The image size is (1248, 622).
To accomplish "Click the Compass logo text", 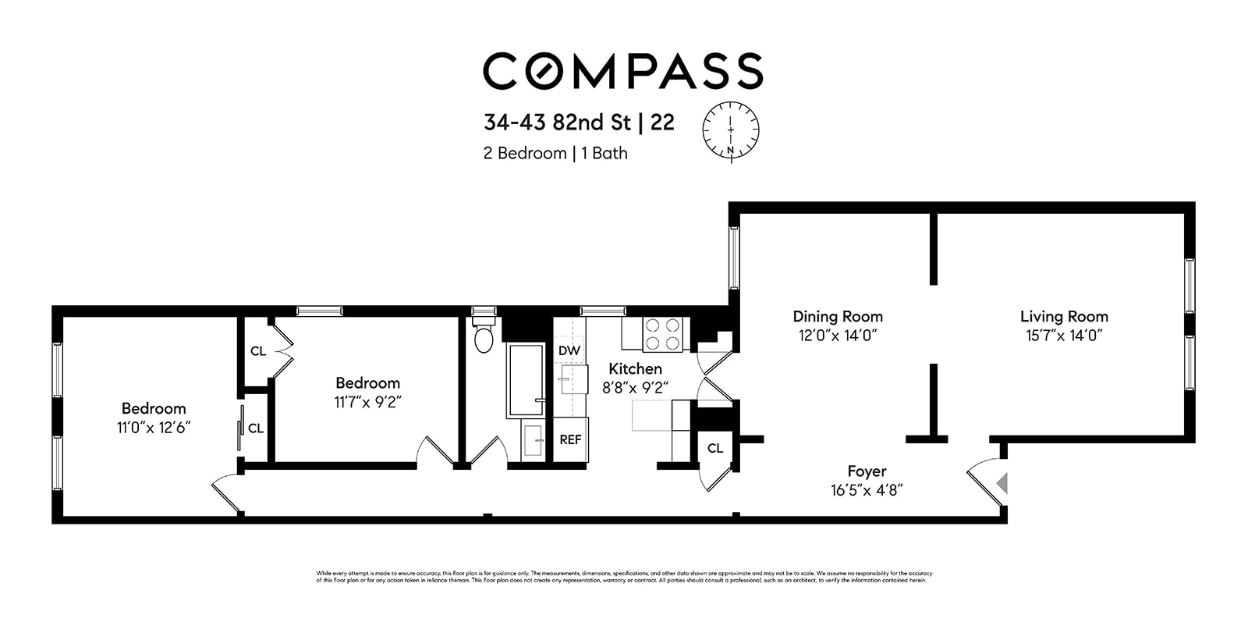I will pos(622,70).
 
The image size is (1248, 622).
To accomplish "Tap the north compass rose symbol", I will pos(731,130).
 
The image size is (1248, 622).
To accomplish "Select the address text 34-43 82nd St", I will pos(557,123).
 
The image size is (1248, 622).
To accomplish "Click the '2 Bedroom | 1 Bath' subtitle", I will pos(555,153).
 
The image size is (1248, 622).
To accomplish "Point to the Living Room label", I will pos(1064,316).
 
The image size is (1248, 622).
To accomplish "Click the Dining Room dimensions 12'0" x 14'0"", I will pos(838,336).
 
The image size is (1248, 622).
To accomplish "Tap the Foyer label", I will pos(867,471).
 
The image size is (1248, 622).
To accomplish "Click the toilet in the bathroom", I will pos(484,337).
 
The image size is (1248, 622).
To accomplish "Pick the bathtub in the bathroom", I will pos(525,380).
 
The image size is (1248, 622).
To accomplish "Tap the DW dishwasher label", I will pos(569,350).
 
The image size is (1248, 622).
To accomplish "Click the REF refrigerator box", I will pos(570,439).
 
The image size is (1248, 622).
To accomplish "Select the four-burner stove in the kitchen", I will pos(662,334).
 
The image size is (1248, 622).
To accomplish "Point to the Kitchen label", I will pos(635,368).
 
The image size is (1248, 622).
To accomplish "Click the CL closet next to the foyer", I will pos(715,448).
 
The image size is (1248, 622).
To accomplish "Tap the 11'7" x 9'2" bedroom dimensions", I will pos(368,402).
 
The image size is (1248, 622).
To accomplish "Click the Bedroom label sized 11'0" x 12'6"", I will pos(154,408).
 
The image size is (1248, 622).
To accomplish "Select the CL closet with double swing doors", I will pos(257,351).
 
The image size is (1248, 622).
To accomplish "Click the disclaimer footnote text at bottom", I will pos(624,577).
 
